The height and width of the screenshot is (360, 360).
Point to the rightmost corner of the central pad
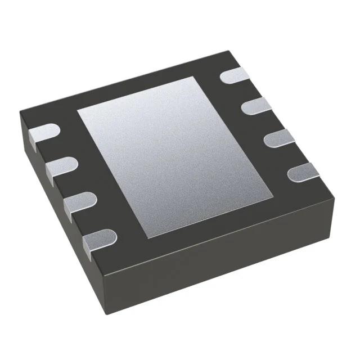pos(273,197)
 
